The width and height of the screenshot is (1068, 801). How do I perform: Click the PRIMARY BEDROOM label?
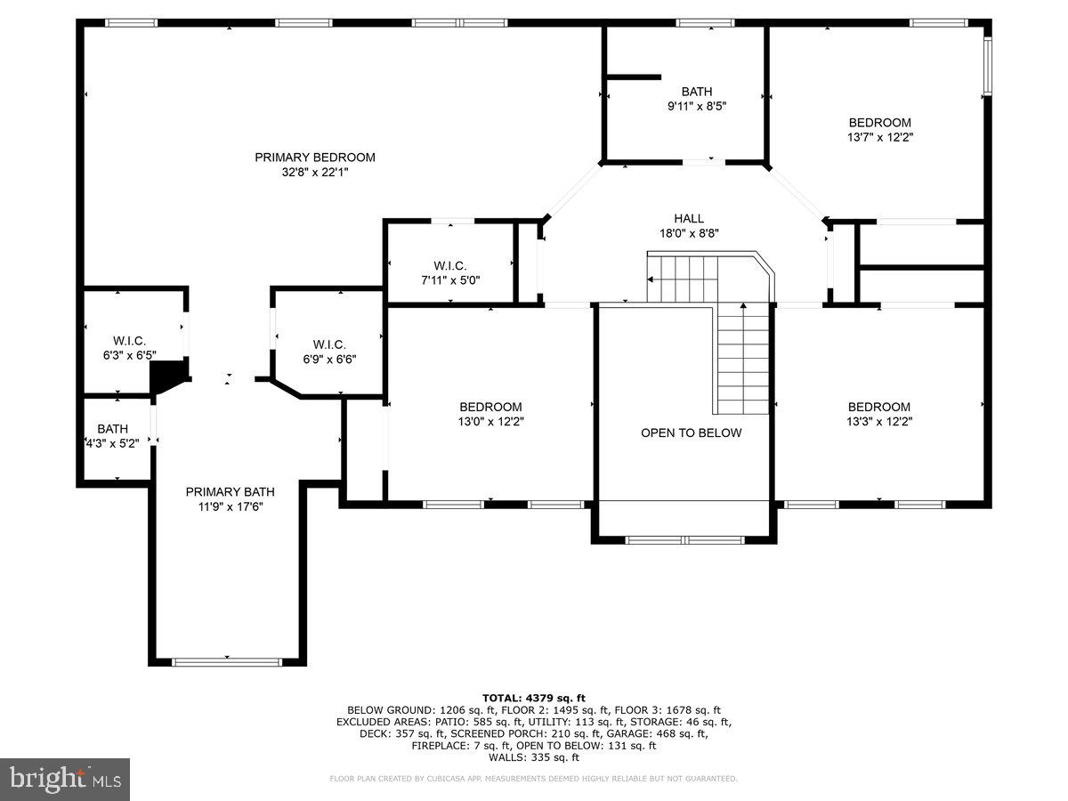pos(315,158)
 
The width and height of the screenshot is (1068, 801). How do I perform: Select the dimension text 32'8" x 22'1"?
pos(315,173)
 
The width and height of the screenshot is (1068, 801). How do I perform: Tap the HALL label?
pos(688,218)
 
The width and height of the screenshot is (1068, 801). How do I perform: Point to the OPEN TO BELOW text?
pos(691,433)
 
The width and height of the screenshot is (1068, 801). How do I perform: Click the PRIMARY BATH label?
pos(230,491)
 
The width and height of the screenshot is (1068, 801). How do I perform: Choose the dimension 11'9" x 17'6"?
pos(230,506)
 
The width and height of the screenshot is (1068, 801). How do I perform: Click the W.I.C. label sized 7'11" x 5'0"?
pos(449,265)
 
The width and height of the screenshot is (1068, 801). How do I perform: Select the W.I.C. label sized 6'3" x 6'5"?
pos(129,341)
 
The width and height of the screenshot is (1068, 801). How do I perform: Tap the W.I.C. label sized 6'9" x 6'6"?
pos(329,344)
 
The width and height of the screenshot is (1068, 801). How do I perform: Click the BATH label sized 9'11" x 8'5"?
pos(697,91)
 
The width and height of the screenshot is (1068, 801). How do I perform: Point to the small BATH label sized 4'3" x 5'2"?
pos(113,428)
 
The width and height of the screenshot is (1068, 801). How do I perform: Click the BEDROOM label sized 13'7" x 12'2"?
pos(879,123)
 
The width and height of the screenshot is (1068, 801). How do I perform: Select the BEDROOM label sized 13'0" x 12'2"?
pos(490,407)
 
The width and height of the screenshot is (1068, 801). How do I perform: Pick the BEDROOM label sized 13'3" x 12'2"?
pos(879,407)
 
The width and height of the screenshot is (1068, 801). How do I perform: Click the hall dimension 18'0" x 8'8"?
pos(688,233)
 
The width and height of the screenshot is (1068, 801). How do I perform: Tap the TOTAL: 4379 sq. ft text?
pos(534,698)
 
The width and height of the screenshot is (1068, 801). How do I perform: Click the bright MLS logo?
pos(65,779)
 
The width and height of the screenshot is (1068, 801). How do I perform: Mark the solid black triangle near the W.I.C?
pos(166,377)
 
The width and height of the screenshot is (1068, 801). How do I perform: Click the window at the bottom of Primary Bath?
pos(227,661)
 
